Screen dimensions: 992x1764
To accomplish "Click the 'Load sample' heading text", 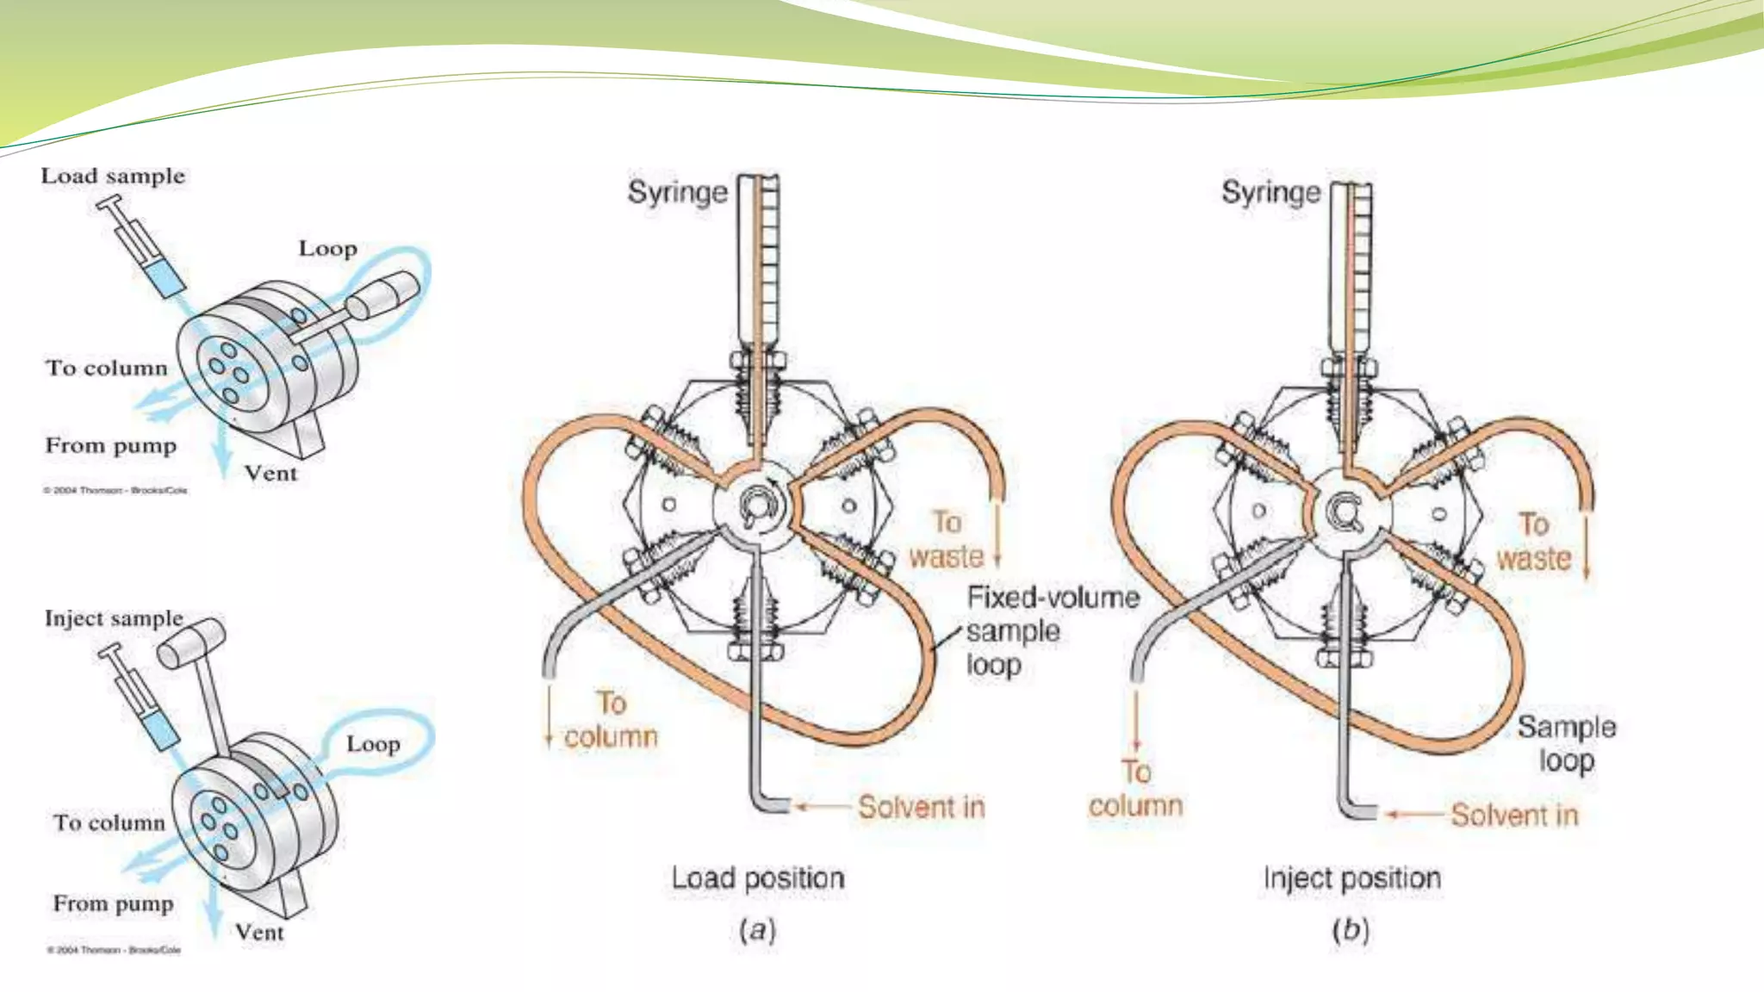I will [113, 177].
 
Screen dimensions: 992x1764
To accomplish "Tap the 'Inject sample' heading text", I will [114, 618].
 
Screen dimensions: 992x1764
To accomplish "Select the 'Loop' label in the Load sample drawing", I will [327, 249].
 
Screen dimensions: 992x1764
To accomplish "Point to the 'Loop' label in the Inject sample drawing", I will [373, 744].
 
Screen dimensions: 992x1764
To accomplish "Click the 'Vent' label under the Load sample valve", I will [270, 474].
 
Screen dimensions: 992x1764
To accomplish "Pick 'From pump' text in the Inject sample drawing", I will [113, 903].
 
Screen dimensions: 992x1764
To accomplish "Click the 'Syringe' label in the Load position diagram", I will [677, 192].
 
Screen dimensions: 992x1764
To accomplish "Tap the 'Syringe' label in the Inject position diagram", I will [1270, 192].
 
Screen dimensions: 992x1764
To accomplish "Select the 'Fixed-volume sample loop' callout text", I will [1052, 631].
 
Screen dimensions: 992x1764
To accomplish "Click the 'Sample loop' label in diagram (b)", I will [1566, 743].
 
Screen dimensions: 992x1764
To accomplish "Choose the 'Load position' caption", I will [758, 878].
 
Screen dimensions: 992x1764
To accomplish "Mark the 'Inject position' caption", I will [1351, 878].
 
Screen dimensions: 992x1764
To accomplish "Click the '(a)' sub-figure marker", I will [757, 930].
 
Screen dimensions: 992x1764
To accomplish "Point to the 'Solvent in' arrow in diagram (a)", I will [823, 807].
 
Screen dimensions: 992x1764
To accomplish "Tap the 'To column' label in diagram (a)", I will [611, 720].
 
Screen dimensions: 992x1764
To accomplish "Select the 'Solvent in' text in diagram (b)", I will [1513, 815].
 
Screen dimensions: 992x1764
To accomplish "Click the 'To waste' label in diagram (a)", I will [947, 540].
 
